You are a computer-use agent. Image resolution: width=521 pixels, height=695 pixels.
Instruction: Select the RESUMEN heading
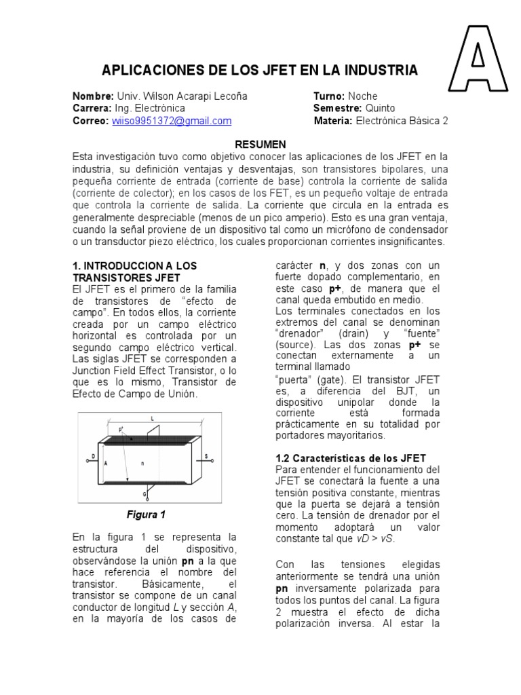click(x=260, y=145)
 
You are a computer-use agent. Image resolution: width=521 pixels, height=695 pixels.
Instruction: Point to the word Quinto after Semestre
click(x=381, y=109)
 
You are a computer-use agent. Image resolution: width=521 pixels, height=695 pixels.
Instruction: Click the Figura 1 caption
click(x=147, y=514)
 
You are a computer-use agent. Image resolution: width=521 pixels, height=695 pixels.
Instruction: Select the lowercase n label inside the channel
click(x=142, y=464)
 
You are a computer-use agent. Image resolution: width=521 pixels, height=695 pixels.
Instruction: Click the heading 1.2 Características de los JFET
click(x=351, y=459)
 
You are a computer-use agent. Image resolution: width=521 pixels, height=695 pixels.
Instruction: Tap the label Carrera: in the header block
click(x=93, y=109)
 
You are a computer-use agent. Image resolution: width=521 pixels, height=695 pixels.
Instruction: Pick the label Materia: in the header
click(x=331, y=121)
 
